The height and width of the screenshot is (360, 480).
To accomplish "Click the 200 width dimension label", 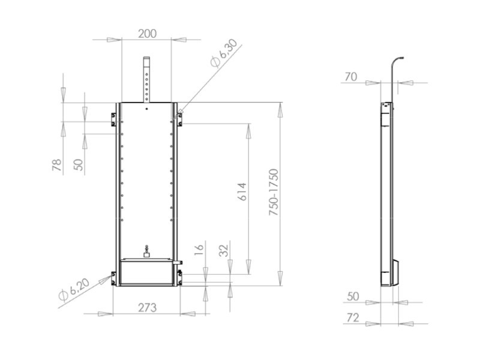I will coord(147,34).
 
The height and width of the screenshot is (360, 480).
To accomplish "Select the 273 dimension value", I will coord(147,307).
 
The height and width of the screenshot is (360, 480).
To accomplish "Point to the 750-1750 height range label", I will coord(274,192).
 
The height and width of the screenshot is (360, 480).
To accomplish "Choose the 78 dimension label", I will coord(57,166).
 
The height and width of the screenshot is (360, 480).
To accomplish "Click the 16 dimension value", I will coord(200,248).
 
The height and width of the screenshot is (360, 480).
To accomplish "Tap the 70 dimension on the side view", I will coord(352,76).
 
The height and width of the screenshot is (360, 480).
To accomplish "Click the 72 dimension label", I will coord(353,317).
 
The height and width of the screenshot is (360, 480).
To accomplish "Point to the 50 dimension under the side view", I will coord(353,296).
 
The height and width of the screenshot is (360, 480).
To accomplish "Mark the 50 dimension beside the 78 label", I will coord(79,165).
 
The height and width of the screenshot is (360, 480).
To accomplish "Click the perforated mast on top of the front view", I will coord(146,79).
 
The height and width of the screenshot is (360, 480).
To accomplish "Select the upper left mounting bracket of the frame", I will coord(113,119).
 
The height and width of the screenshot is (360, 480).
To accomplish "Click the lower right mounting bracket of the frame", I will coord(179,277).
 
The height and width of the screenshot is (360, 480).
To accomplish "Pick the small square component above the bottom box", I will coord(146,254).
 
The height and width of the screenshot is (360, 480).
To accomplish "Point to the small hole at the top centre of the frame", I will coord(146,109).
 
